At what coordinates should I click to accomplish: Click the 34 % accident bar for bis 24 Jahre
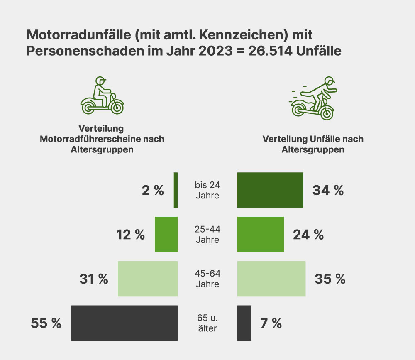270,190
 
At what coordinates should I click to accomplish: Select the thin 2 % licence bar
176,190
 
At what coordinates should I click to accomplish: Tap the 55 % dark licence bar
124,323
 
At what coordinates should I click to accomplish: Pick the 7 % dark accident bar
244,323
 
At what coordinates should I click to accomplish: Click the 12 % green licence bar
166,234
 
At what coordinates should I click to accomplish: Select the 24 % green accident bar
261,234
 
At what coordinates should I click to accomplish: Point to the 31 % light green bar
148,279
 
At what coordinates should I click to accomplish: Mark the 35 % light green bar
271,279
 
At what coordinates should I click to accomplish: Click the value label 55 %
46,323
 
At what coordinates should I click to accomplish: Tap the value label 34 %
328,190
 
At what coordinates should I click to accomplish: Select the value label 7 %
271,323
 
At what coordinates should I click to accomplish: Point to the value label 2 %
153,190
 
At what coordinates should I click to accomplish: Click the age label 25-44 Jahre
207,234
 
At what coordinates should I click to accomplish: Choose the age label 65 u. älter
207,323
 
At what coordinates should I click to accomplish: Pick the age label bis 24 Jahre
207,190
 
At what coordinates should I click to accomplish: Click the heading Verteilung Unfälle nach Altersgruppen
313,144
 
